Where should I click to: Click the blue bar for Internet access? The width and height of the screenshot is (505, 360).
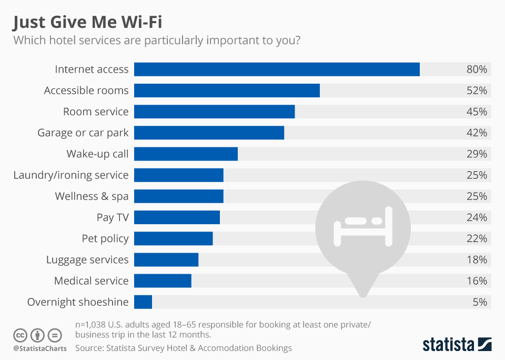[277, 69]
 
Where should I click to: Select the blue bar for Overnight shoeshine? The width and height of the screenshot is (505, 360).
[143, 302]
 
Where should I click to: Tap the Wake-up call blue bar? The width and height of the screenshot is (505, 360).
[186, 154]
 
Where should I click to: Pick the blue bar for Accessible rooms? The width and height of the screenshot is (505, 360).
[227, 91]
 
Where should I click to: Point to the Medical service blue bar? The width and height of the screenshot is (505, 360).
[163, 281]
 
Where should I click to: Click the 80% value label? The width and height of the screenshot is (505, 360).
[477, 69]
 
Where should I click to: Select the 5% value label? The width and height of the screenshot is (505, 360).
[479, 302]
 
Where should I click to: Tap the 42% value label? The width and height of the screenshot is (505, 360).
[477, 133]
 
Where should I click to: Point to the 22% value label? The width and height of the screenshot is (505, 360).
[477, 238]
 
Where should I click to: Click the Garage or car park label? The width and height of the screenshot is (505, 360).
[83, 133]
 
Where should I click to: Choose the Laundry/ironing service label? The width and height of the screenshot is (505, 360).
[70, 175]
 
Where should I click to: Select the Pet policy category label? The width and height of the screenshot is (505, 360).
[105, 238]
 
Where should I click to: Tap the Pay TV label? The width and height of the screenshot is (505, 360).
[113, 217]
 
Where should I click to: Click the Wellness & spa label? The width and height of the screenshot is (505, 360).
[92, 196]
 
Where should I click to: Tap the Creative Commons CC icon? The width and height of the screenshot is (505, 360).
[21, 335]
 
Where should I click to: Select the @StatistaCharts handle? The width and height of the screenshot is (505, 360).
[40, 348]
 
